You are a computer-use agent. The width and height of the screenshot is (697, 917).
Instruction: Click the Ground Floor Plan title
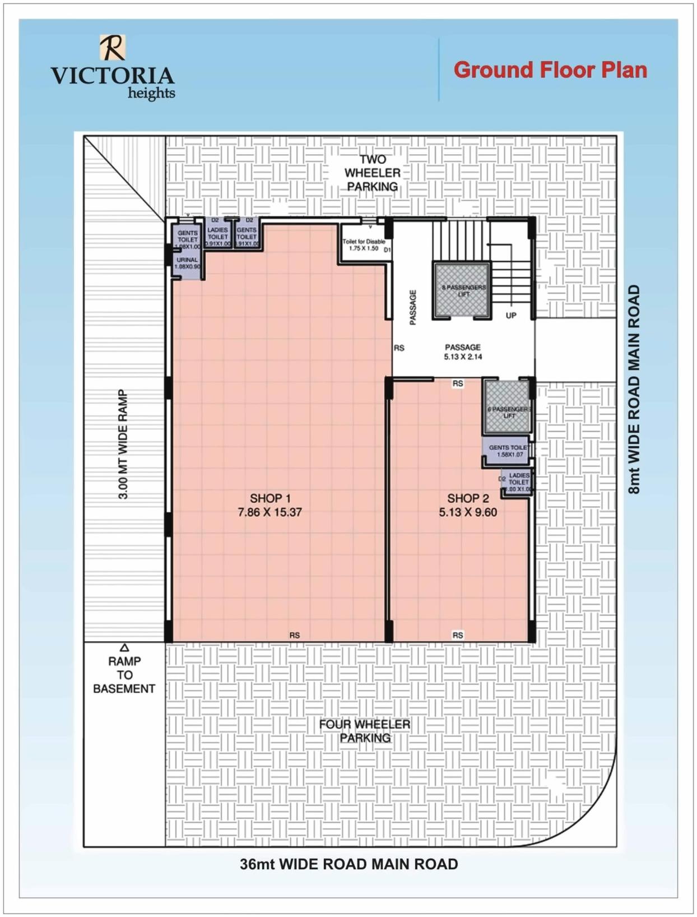click(550, 70)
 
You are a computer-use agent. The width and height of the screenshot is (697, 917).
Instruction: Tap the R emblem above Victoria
click(113, 48)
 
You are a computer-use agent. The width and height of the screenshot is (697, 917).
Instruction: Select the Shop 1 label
click(270, 498)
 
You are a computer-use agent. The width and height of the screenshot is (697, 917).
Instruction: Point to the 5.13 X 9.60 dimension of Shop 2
click(468, 512)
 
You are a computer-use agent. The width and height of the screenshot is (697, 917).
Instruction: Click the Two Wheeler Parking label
click(373, 173)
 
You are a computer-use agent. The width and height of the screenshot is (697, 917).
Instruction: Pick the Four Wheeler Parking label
click(365, 731)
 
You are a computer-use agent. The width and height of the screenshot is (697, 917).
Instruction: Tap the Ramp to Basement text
click(124, 675)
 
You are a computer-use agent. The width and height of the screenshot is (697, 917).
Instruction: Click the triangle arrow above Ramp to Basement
click(124, 648)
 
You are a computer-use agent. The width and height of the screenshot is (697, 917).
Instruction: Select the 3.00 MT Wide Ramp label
click(123, 444)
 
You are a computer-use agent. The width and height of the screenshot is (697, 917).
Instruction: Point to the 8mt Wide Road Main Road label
click(634, 390)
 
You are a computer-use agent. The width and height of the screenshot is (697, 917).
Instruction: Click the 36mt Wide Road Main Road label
click(348, 864)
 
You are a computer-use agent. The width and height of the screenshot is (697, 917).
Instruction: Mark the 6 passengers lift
click(508, 407)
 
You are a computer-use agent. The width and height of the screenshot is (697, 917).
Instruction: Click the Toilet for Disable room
click(364, 244)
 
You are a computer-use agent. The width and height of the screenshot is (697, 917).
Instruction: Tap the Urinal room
click(187, 263)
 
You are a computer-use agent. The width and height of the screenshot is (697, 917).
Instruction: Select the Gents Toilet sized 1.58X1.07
click(507, 451)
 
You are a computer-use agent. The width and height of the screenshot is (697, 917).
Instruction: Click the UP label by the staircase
click(511, 316)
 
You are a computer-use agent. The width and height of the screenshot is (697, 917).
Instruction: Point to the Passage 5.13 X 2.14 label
click(463, 351)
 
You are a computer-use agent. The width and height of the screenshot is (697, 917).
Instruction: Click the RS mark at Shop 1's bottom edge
click(295, 635)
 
